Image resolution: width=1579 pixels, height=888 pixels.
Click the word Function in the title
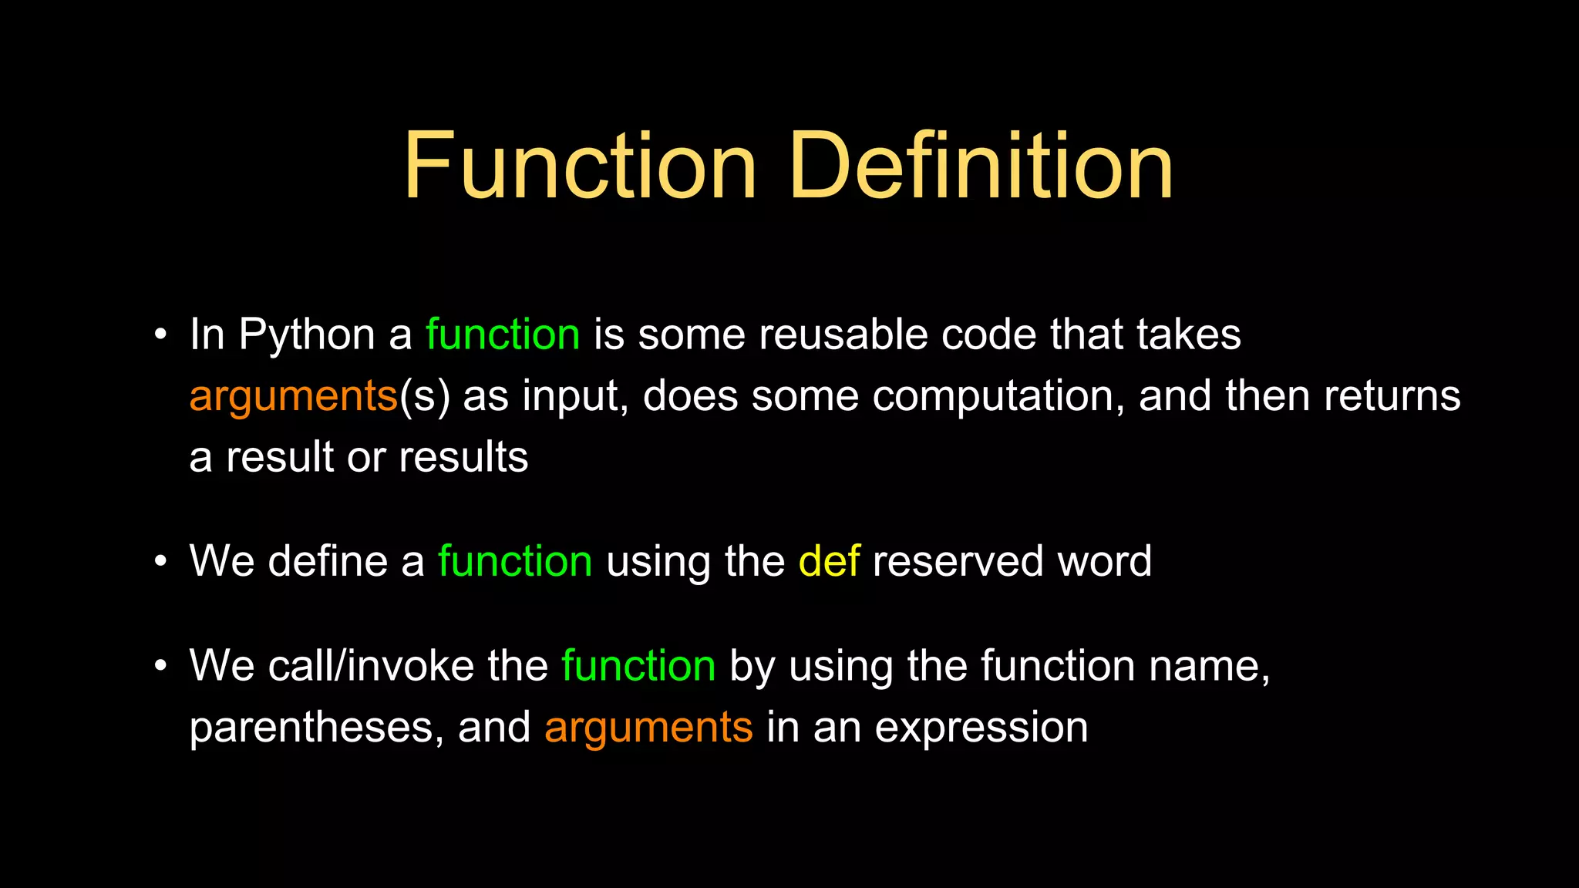(580, 166)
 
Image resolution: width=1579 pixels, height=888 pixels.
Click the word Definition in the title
(981, 166)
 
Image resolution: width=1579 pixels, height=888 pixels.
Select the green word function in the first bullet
(503, 335)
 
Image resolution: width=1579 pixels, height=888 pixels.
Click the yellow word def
(829, 561)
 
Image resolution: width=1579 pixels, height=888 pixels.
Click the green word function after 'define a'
(515, 561)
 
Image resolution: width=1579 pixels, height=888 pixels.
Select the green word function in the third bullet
(638, 666)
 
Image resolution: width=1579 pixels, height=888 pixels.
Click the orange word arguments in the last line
(648, 728)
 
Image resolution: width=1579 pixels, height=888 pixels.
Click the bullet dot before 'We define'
(160, 561)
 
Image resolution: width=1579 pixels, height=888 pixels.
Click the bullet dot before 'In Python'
(160, 335)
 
